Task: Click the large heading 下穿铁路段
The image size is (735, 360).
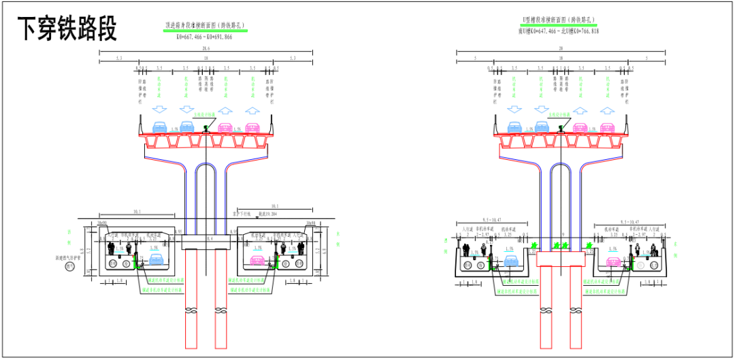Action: point(67,29)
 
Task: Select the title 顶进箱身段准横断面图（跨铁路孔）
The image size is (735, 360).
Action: point(205,26)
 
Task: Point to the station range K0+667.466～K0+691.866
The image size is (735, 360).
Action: point(205,37)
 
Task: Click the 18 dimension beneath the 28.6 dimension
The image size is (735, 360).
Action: point(206,59)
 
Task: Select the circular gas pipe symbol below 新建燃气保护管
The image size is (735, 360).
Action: point(69,267)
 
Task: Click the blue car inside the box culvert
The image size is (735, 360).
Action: point(157,260)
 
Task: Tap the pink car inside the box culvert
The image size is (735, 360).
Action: point(257,261)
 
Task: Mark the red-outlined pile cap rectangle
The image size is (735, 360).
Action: point(560,259)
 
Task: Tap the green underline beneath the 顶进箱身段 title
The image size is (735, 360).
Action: point(205,31)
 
